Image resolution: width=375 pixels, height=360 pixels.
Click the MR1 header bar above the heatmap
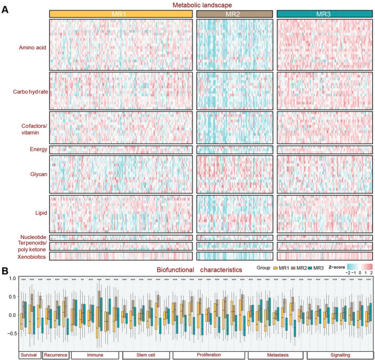pyautogui.click(x=121, y=14)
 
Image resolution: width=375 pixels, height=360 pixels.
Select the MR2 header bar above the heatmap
pyautogui.click(x=234, y=14)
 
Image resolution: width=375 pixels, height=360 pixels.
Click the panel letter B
pyautogui.click(x=5, y=271)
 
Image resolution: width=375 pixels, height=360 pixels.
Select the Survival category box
pyautogui.click(x=30, y=355)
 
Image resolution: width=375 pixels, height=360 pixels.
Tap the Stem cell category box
pyautogui.click(x=145, y=355)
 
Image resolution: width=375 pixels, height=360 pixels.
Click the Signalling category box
pyautogui.click(x=340, y=355)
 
